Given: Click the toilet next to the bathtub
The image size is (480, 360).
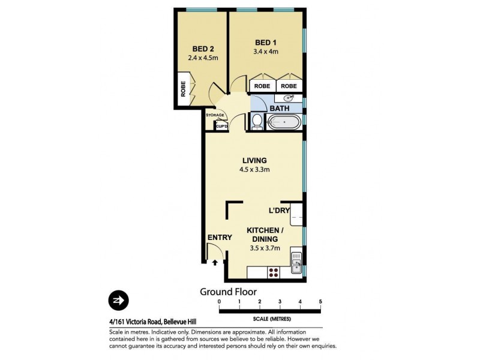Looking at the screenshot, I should click(x=256, y=122).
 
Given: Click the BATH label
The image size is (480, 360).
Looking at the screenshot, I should click(x=279, y=109).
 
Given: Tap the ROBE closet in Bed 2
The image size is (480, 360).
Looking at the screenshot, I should click(x=183, y=88).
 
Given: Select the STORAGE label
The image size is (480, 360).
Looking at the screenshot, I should click(x=215, y=115).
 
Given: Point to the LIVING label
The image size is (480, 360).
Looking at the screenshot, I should click(x=254, y=160).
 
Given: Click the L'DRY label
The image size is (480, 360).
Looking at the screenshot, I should click(x=279, y=211).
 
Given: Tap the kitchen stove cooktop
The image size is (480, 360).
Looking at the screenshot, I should click(x=273, y=272).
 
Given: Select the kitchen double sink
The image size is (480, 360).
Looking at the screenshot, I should click(x=296, y=263).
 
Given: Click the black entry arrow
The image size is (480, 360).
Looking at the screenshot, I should click(x=215, y=262).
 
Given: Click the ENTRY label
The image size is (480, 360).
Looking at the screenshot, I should click(x=220, y=238).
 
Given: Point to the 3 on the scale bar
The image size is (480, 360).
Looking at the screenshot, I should click(x=280, y=301).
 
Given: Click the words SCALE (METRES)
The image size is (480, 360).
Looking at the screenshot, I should click(x=270, y=317).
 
